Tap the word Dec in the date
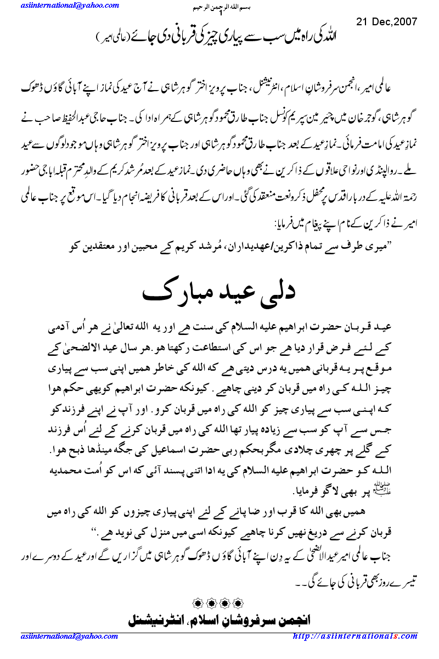[x=376, y=21]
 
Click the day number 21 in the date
[x=362, y=21]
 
